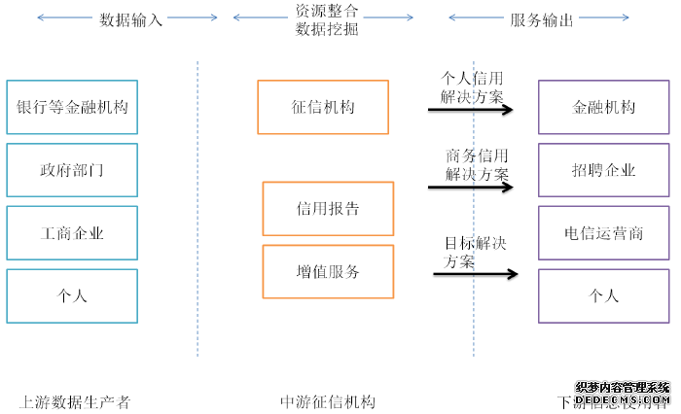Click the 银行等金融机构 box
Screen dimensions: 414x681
tap(72, 107)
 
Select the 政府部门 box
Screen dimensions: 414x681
tap(72, 170)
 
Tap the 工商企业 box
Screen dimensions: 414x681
tap(72, 233)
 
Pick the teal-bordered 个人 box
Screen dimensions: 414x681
tap(72, 296)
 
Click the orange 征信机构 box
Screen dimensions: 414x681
tap(323, 107)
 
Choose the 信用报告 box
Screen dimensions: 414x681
tap(328, 208)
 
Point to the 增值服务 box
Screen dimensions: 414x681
tap(328, 272)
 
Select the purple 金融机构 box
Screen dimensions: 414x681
tap(604, 107)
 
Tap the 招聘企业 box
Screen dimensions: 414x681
tap(604, 170)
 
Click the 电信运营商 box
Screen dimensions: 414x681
tap(604, 233)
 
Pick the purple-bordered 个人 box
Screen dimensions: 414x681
tap(604, 296)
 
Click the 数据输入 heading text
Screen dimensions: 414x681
tap(130, 18)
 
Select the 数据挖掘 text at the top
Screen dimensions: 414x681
tap(326, 29)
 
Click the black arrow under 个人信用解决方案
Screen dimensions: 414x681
tap(470, 110)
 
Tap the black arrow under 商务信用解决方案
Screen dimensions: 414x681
tap(470, 187)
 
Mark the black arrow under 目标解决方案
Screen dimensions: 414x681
tap(475, 274)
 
